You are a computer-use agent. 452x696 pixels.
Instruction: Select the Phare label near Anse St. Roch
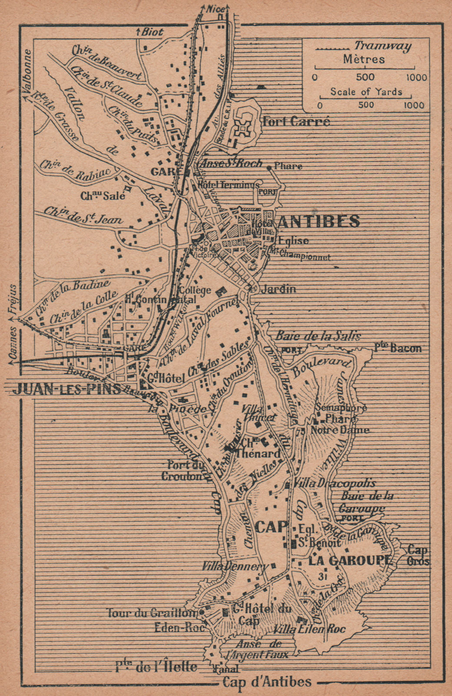tap(290, 167)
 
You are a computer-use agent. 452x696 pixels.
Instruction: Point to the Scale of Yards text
tap(366, 92)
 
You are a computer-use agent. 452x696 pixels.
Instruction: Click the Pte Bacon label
tap(397, 348)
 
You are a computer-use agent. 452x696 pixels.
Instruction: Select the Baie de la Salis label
tap(318, 335)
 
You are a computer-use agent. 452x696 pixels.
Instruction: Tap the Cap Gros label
tap(419, 555)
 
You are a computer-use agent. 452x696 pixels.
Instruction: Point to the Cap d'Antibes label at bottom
tap(267, 682)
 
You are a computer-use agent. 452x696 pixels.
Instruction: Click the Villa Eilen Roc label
tap(310, 629)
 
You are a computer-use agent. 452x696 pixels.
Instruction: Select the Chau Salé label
tap(103, 196)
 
